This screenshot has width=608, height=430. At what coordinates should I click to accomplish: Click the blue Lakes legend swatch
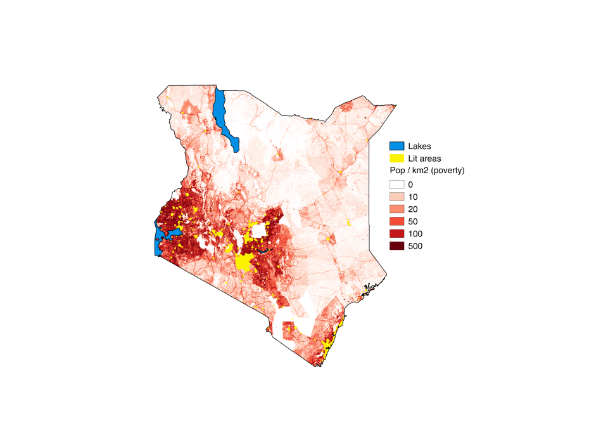(x=396, y=147)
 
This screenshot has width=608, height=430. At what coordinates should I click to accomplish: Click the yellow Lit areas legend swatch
(x=396, y=159)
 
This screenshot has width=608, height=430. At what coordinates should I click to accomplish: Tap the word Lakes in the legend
(x=419, y=147)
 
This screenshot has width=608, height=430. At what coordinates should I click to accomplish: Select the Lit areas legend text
(x=424, y=159)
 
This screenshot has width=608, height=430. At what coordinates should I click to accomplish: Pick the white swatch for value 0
(x=396, y=185)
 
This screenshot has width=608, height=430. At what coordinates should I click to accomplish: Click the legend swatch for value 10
(x=396, y=197)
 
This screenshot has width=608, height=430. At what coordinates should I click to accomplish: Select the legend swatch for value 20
(x=396, y=209)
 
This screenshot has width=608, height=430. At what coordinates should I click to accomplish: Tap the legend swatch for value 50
(x=396, y=221)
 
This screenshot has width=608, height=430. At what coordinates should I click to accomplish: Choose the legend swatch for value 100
(x=396, y=233)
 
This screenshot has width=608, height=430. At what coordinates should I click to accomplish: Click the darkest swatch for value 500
(x=396, y=246)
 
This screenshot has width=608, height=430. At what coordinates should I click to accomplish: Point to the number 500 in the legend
(x=415, y=246)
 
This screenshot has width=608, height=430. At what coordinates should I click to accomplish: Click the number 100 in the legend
(x=415, y=233)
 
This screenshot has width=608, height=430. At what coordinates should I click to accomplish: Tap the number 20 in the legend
(x=413, y=209)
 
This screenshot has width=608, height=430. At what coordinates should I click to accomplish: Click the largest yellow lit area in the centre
(x=244, y=262)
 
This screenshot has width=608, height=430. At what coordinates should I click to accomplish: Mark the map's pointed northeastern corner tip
(x=396, y=103)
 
